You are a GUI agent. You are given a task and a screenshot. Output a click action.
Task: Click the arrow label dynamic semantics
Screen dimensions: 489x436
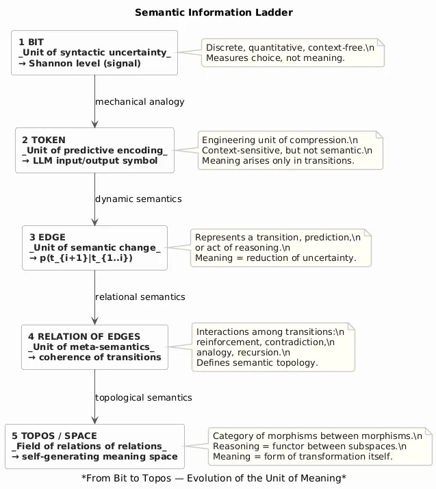click(x=138, y=199)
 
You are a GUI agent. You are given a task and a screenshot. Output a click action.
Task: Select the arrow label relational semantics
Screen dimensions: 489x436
click(x=140, y=297)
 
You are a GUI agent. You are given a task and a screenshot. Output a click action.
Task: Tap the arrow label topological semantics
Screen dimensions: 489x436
click(x=143, y=397)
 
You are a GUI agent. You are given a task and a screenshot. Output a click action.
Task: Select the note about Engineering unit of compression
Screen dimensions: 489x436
click(x=290, y=150)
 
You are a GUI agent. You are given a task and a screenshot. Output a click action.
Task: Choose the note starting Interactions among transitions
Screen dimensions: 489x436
click(x=272, y=347)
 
